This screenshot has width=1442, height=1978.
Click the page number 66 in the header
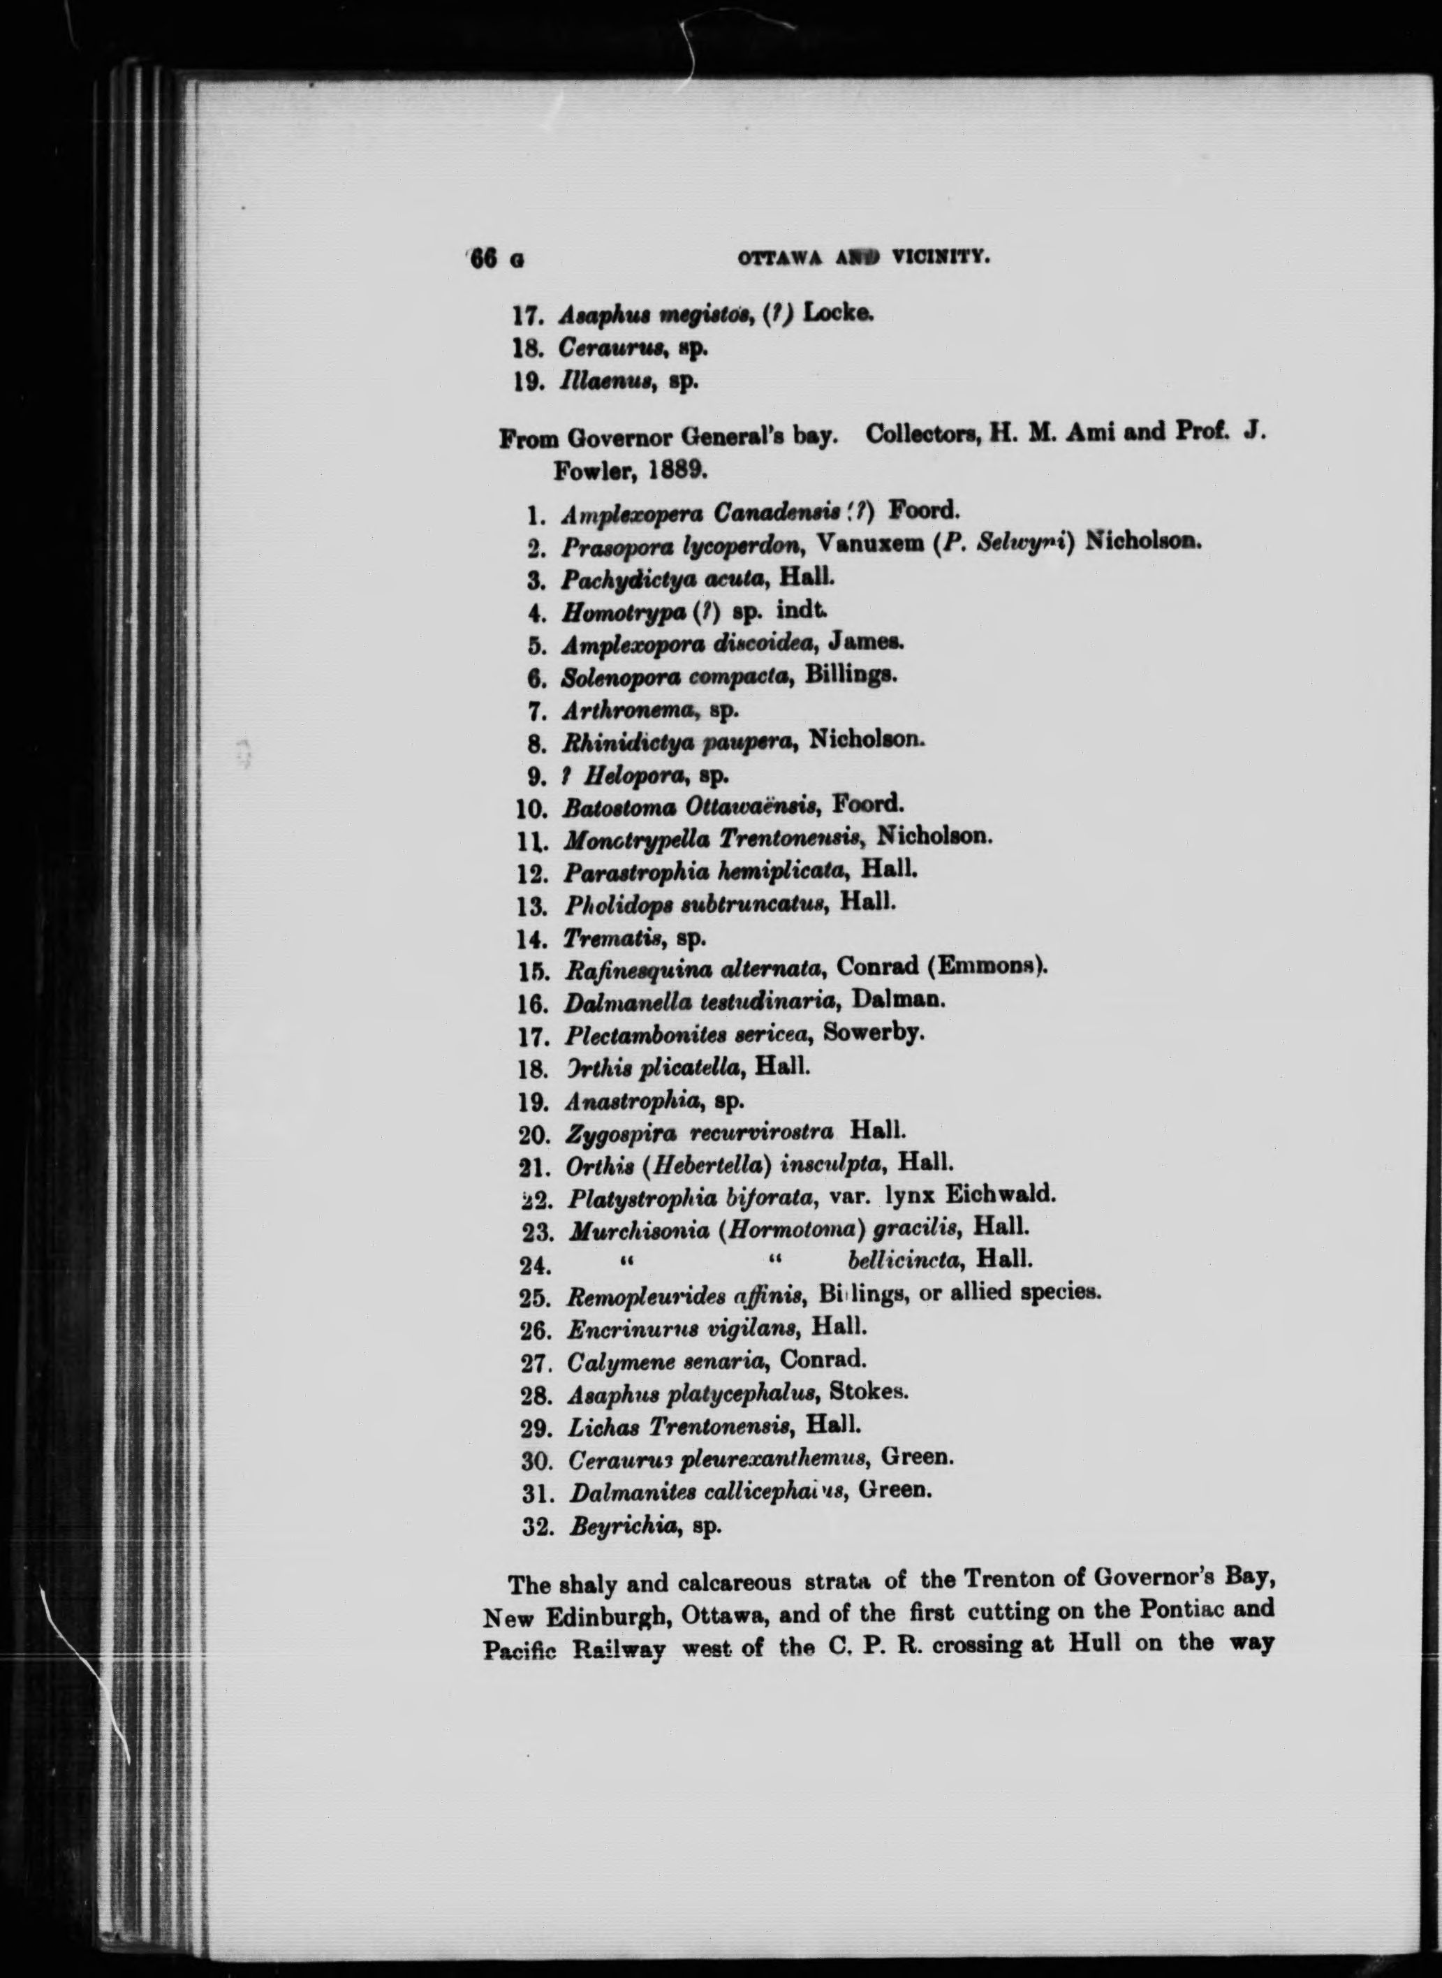coord(483,259)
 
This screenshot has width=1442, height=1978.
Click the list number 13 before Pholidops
coord(532,905)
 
